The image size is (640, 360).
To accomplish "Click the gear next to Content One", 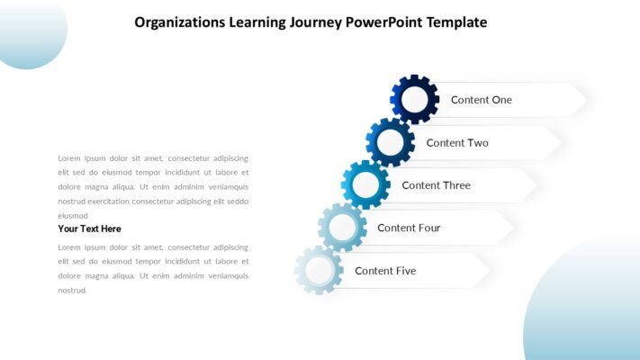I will click(x=414, y=99).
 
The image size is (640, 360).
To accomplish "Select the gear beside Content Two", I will click(x=390, y=142).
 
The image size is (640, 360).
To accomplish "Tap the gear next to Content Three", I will click(x=365, y=185).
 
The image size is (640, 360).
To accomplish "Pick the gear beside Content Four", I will click(x=342, y=228).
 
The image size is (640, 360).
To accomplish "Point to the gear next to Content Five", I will click(x=319, y=270).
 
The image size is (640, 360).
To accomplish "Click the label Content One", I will click(x=481, y=100).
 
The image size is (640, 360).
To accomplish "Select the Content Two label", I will click(x=457, y=143).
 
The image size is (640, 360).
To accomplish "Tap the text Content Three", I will click(x=436, y=185).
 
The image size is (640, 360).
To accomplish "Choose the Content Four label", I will click(x=409, y=228).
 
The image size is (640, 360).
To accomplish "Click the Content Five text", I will click(x=385, y=271).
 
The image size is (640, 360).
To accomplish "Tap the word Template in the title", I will click(x=456, y=22).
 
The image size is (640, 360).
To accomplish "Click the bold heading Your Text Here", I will click(x=89, y=229).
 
